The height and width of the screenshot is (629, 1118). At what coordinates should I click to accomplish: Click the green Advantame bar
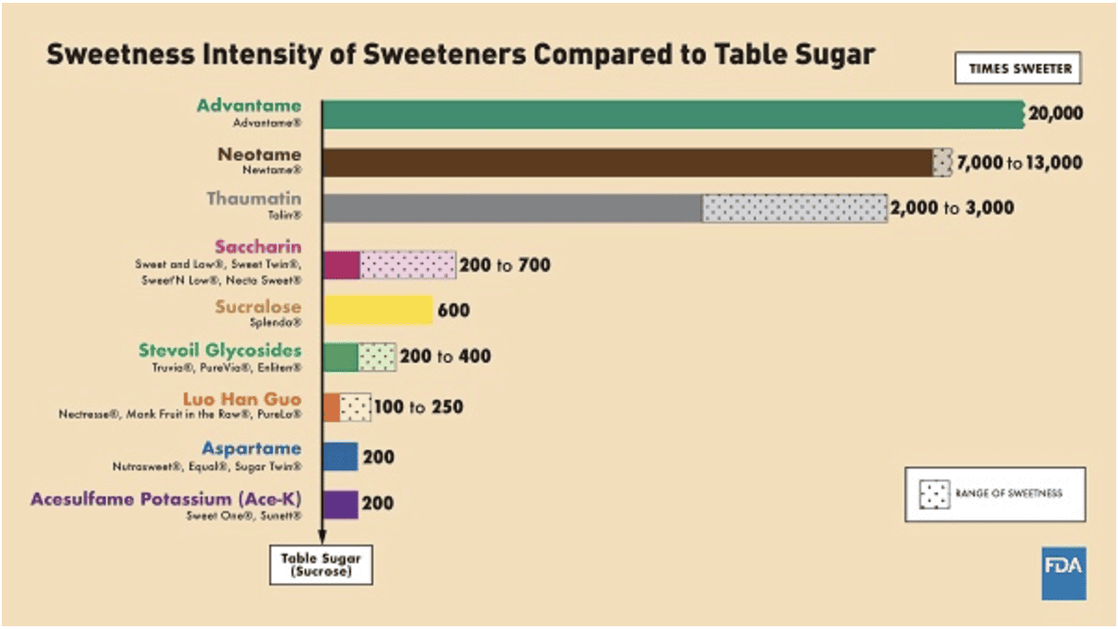coord(673,114)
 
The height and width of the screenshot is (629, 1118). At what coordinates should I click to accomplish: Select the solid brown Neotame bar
coord(627,162)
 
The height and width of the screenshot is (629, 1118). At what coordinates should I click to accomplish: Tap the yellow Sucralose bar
coord(378,310)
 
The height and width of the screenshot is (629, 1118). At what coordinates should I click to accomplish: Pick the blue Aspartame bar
coord(341,456)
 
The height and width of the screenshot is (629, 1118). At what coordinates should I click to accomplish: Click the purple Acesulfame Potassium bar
coord(341,504)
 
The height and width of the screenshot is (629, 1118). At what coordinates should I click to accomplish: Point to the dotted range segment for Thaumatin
coord(794,208)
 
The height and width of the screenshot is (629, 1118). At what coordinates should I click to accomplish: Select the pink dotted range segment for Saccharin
coord(408,265)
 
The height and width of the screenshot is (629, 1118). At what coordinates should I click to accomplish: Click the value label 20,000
coord(1056,114)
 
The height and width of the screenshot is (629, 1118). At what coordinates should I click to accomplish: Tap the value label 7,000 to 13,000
coord(1019,162)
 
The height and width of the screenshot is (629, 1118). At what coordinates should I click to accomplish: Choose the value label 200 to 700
coord(506,265)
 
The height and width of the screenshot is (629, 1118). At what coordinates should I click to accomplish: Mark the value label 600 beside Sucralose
coord(453,310)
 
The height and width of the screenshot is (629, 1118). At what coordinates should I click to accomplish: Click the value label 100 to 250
coord(419,406)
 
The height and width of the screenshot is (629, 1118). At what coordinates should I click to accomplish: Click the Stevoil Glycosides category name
coord(220,351)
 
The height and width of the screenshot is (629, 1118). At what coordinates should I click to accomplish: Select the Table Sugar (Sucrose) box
coord(321,565)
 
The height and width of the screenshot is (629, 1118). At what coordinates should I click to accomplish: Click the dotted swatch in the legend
coord(931,494)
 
